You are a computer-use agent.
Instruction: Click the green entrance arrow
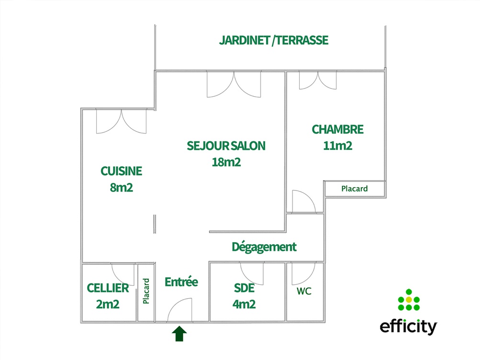point(179,334)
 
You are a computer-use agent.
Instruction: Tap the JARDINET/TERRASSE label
point(274,40)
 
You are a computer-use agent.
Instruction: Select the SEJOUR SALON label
point(226,146)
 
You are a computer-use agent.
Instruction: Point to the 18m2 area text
point(226,162)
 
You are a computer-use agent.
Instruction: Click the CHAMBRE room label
point(337,129)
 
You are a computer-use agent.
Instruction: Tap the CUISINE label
point(121,171)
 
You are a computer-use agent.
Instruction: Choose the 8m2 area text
point(121,187)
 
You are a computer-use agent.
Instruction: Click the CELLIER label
point(108,288)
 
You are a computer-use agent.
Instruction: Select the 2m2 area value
point(108,304)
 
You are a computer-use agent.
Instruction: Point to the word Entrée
point(181,282)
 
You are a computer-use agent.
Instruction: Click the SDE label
point(244,288)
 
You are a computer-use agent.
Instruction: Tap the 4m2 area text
point(244,304)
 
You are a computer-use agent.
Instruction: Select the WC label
point(304,291)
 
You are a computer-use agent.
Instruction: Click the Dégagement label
point(264,247)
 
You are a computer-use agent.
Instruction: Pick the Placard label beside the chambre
point(355,189)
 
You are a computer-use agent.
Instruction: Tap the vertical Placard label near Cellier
point(146,291)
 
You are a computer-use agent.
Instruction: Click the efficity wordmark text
point(408,327)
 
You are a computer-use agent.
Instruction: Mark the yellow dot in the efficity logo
point(408,300)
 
